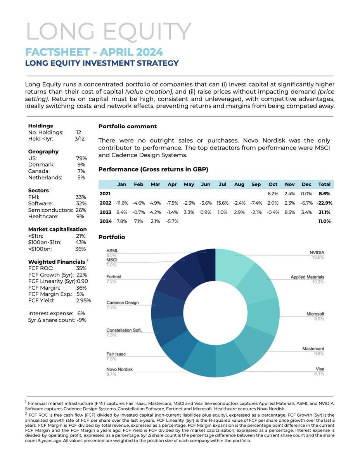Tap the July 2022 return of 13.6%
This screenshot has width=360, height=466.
222,203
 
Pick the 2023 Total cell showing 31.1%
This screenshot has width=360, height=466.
324,212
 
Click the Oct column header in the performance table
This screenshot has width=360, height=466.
273,184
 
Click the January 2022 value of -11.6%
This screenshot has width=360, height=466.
122,203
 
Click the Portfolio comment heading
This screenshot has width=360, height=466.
128,126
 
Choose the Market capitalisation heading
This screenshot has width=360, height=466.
57,229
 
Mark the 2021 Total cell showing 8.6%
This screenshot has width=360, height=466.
324,193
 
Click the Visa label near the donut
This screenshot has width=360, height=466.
320,369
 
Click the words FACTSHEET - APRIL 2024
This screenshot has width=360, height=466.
94,52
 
